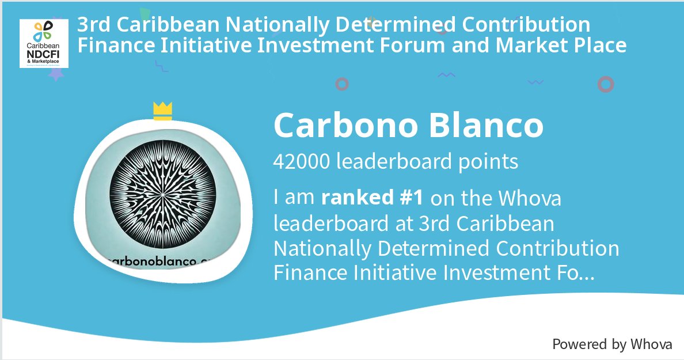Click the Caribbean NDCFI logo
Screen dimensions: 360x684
pyautogui.click(x=44, y=43)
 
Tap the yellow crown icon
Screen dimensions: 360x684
pyautogui.click(x=163, y=111)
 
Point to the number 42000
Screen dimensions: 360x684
pyautogui.click(x=301, y=162)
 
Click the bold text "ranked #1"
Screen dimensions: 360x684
pyautogui.click(x=373, y=198)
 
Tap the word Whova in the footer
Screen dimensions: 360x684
pyautogui.click(x=651, y=344)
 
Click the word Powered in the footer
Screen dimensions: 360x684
pyautogui.click(x=580, y=344)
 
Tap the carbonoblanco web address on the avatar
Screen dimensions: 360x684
pyautogui.click(x=158, y=261)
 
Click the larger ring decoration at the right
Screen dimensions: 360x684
pyautogui.click(x=606, y=85)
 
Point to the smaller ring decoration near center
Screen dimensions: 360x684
pyautogui.click(x=342, y=84)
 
